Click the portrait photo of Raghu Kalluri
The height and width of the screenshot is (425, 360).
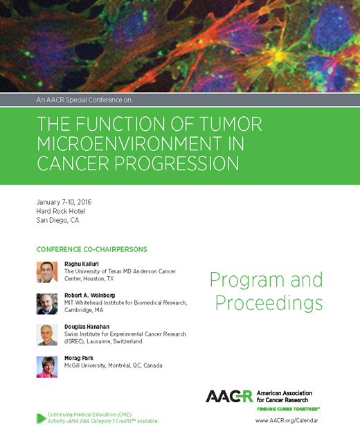[47, 272]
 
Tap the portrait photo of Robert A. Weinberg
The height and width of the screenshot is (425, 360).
[47, 303]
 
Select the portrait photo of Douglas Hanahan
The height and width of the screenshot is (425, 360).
[47, 335]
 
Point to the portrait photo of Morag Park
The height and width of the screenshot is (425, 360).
[47, 366]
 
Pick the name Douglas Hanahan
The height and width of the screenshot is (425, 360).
[87, 326]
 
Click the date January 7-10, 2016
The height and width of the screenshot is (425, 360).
[64, 202]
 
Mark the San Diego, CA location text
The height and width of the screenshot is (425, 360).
[58, 220]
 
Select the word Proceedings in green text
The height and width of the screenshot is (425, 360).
[269, 302]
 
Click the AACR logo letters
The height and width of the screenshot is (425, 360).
[229, 396]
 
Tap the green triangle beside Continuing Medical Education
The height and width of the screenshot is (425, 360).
[41, 417]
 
